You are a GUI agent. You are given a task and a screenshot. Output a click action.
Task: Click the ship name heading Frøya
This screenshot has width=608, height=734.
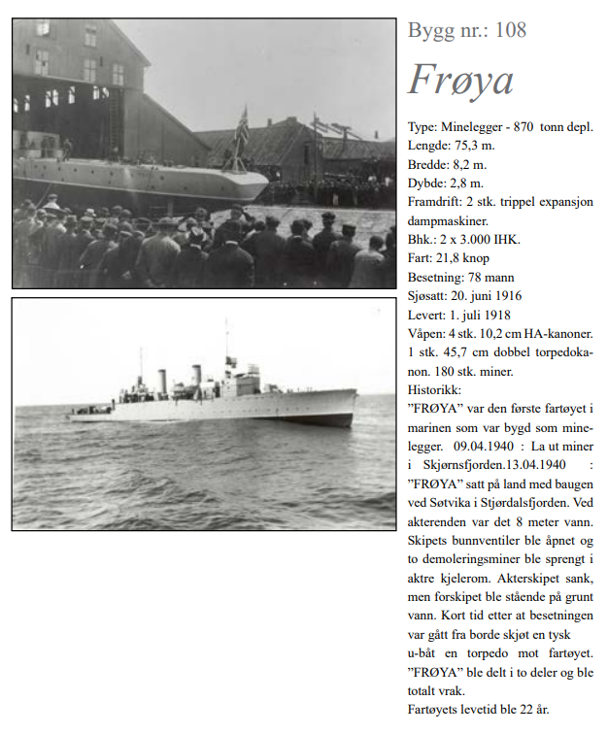(459, 82)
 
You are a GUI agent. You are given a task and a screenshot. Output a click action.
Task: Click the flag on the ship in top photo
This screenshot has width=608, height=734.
(242, 124)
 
